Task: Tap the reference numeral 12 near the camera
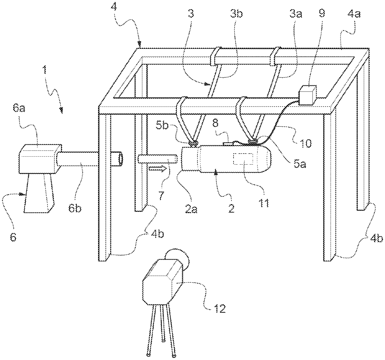(220, 308)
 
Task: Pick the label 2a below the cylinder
(191, 208)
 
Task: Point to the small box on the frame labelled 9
(308, 95)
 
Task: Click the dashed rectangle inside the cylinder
(243, 159)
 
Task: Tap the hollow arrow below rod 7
(158, 169)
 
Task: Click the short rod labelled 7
(157, 159)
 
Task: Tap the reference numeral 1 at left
(45, 71)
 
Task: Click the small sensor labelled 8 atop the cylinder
(228, 144)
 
